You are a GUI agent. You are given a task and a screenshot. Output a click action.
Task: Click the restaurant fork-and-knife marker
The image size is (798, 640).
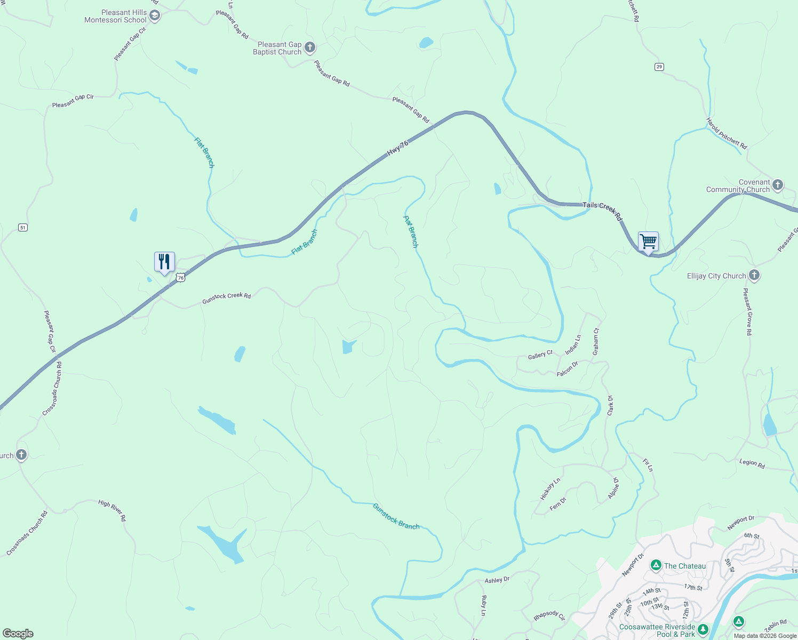click(164, 262)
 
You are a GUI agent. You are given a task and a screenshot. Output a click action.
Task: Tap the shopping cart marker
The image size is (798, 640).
click(648, 242)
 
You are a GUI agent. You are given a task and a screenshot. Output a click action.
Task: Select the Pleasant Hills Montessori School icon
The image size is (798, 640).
click(155, 16)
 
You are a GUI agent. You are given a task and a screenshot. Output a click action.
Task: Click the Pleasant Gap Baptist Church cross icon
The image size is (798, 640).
click(309, 48)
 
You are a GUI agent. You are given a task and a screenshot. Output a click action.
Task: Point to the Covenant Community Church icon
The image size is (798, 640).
click(778, 185)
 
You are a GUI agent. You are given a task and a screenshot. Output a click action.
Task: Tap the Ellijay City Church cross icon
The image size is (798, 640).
click(754, 275)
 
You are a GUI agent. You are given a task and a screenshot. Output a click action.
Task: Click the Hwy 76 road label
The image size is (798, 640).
click(398, 148)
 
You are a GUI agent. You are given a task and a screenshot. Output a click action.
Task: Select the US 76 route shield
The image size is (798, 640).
click(181, 277)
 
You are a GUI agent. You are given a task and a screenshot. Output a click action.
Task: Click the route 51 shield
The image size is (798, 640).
click(22, 228)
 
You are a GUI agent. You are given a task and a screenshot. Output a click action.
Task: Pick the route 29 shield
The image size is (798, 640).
click(659, 67)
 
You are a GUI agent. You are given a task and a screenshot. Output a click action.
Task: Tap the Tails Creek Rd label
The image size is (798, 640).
click(603, 211)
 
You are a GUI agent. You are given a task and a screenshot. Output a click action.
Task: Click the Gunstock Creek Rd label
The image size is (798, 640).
click(226, 299)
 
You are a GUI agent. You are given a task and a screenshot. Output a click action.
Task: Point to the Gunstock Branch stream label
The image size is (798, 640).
click(396, 516)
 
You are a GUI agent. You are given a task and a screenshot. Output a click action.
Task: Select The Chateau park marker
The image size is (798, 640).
click(656, 565)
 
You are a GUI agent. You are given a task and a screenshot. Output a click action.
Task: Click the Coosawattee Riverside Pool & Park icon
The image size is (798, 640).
click(703, 630)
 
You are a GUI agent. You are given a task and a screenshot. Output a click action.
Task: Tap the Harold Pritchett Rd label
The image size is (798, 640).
click(727, 133)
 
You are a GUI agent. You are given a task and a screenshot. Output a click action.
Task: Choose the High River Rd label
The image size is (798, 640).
click(112, 510)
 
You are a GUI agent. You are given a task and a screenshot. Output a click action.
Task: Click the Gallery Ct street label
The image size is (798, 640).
click(540, 355)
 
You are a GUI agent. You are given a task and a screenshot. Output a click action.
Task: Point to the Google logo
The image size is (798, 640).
click(18, 634)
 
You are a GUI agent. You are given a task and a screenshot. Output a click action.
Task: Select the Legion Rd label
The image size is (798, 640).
click(752, 463)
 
